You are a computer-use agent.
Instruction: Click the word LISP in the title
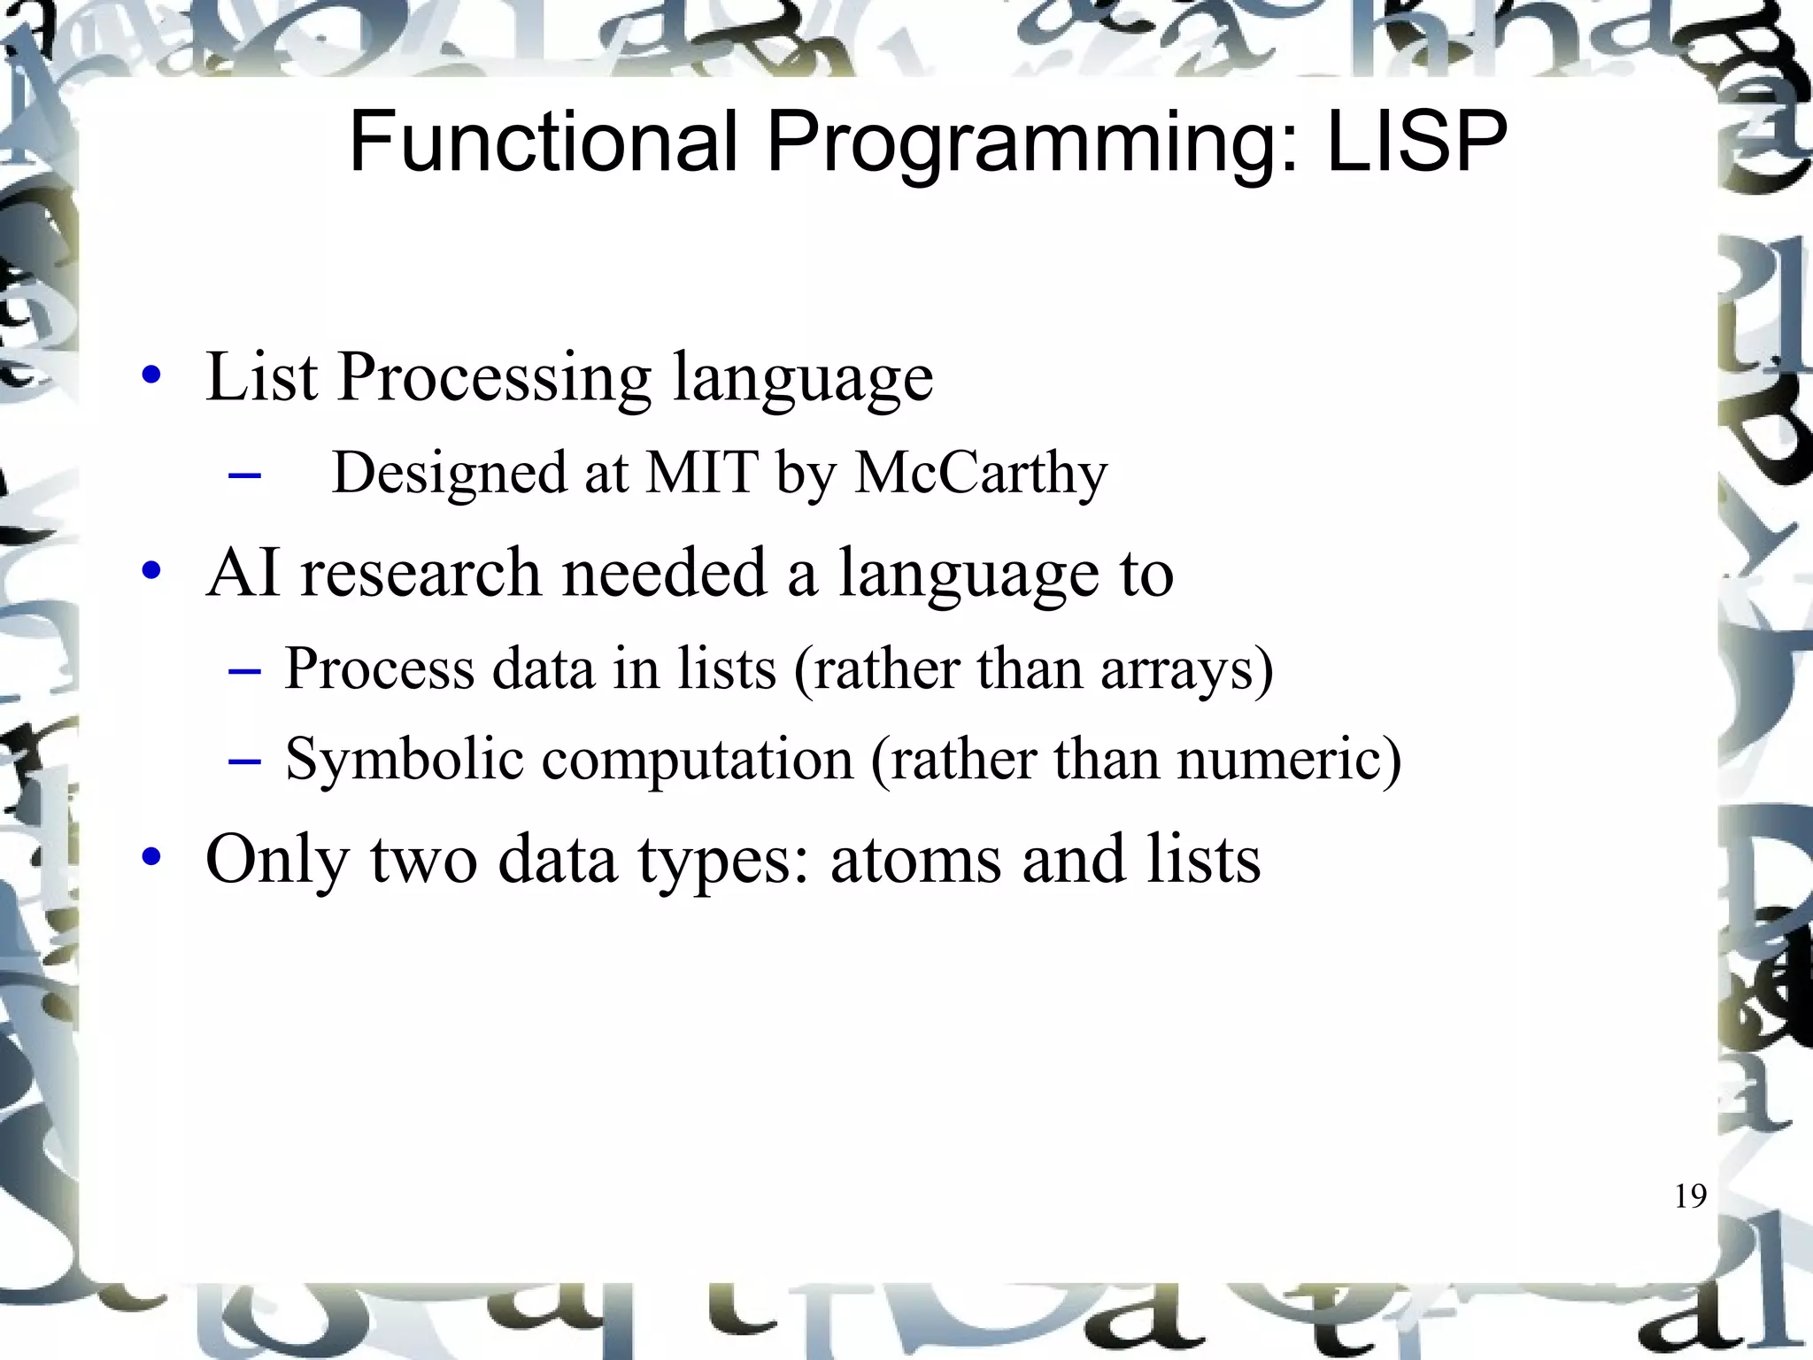(x=1416, y=142)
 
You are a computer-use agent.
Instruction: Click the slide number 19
(x=1690, y=1196)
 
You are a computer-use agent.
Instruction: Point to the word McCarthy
(x=981, y=474)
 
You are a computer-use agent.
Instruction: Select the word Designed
(x=448, y=474)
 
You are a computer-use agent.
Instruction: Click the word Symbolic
(x=404, y=760)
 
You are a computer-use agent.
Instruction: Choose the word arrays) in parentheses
(x=1186, y=668)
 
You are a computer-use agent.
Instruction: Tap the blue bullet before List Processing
(x=151, y=375)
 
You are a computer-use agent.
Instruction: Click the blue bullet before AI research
(x=151, y=572)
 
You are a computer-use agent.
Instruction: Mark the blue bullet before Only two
(x=151, y=857)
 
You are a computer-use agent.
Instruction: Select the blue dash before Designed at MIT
(x=244, y=476)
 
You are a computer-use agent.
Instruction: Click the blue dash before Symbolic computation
(x=244, y=761)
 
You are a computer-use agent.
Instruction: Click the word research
(x=421, y=573)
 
